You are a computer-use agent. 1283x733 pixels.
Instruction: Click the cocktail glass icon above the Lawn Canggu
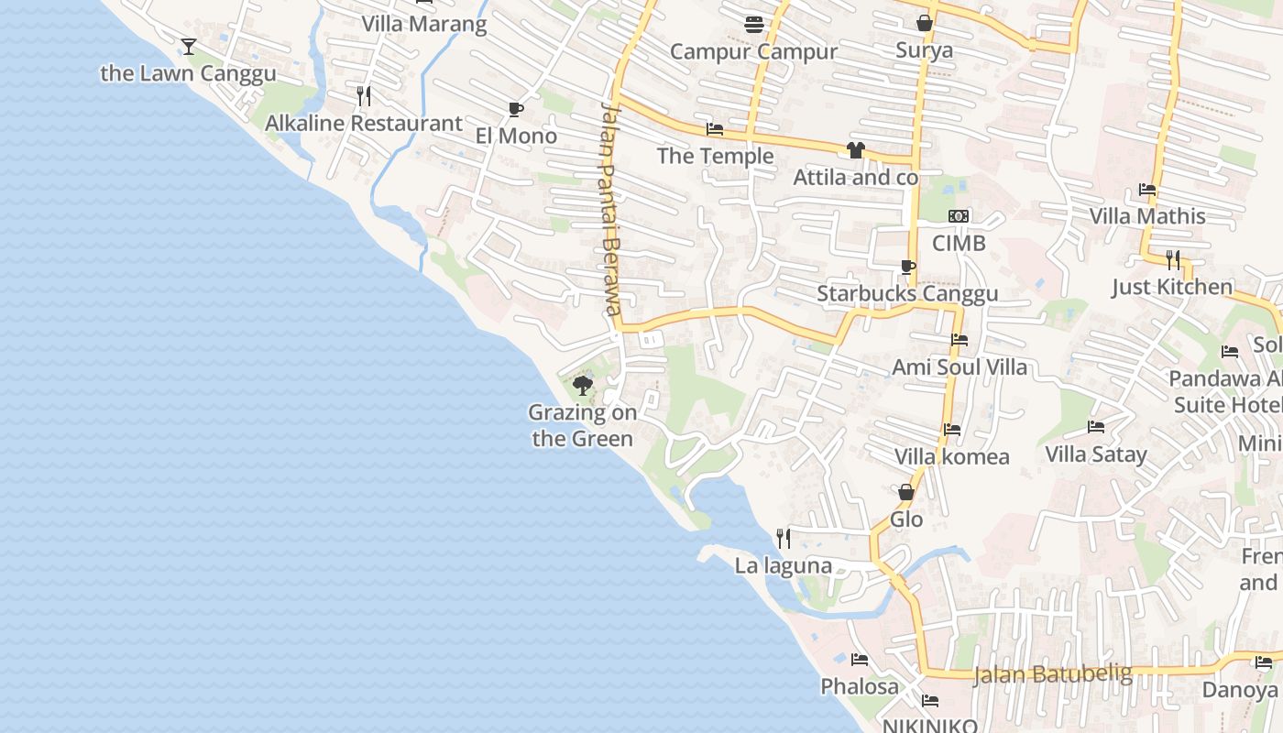188,46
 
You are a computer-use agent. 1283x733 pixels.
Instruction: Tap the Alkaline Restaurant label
364,123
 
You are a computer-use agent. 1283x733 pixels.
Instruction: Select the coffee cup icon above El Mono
516,110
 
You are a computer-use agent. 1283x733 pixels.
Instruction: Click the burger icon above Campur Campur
754,25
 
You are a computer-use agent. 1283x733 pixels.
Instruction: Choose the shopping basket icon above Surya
925,23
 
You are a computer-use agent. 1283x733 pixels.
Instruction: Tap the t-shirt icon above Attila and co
856,150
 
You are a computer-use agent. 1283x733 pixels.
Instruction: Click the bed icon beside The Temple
715,129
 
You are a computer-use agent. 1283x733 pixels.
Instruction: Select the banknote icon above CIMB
959,216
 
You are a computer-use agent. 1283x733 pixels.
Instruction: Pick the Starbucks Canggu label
906,294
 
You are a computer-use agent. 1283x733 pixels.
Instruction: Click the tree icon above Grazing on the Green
582,385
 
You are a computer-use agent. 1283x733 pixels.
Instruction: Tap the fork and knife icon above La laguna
784,538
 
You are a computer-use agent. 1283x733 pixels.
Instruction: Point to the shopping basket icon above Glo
906,492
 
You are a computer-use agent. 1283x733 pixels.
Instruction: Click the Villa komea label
951,456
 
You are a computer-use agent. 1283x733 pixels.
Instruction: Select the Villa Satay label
1096,454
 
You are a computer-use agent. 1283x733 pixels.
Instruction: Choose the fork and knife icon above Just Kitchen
1172,260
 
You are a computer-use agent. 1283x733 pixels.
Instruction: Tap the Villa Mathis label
1147,216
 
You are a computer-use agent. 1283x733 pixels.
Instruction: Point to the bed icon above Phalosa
860,660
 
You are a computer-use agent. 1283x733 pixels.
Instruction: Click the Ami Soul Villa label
960,367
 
